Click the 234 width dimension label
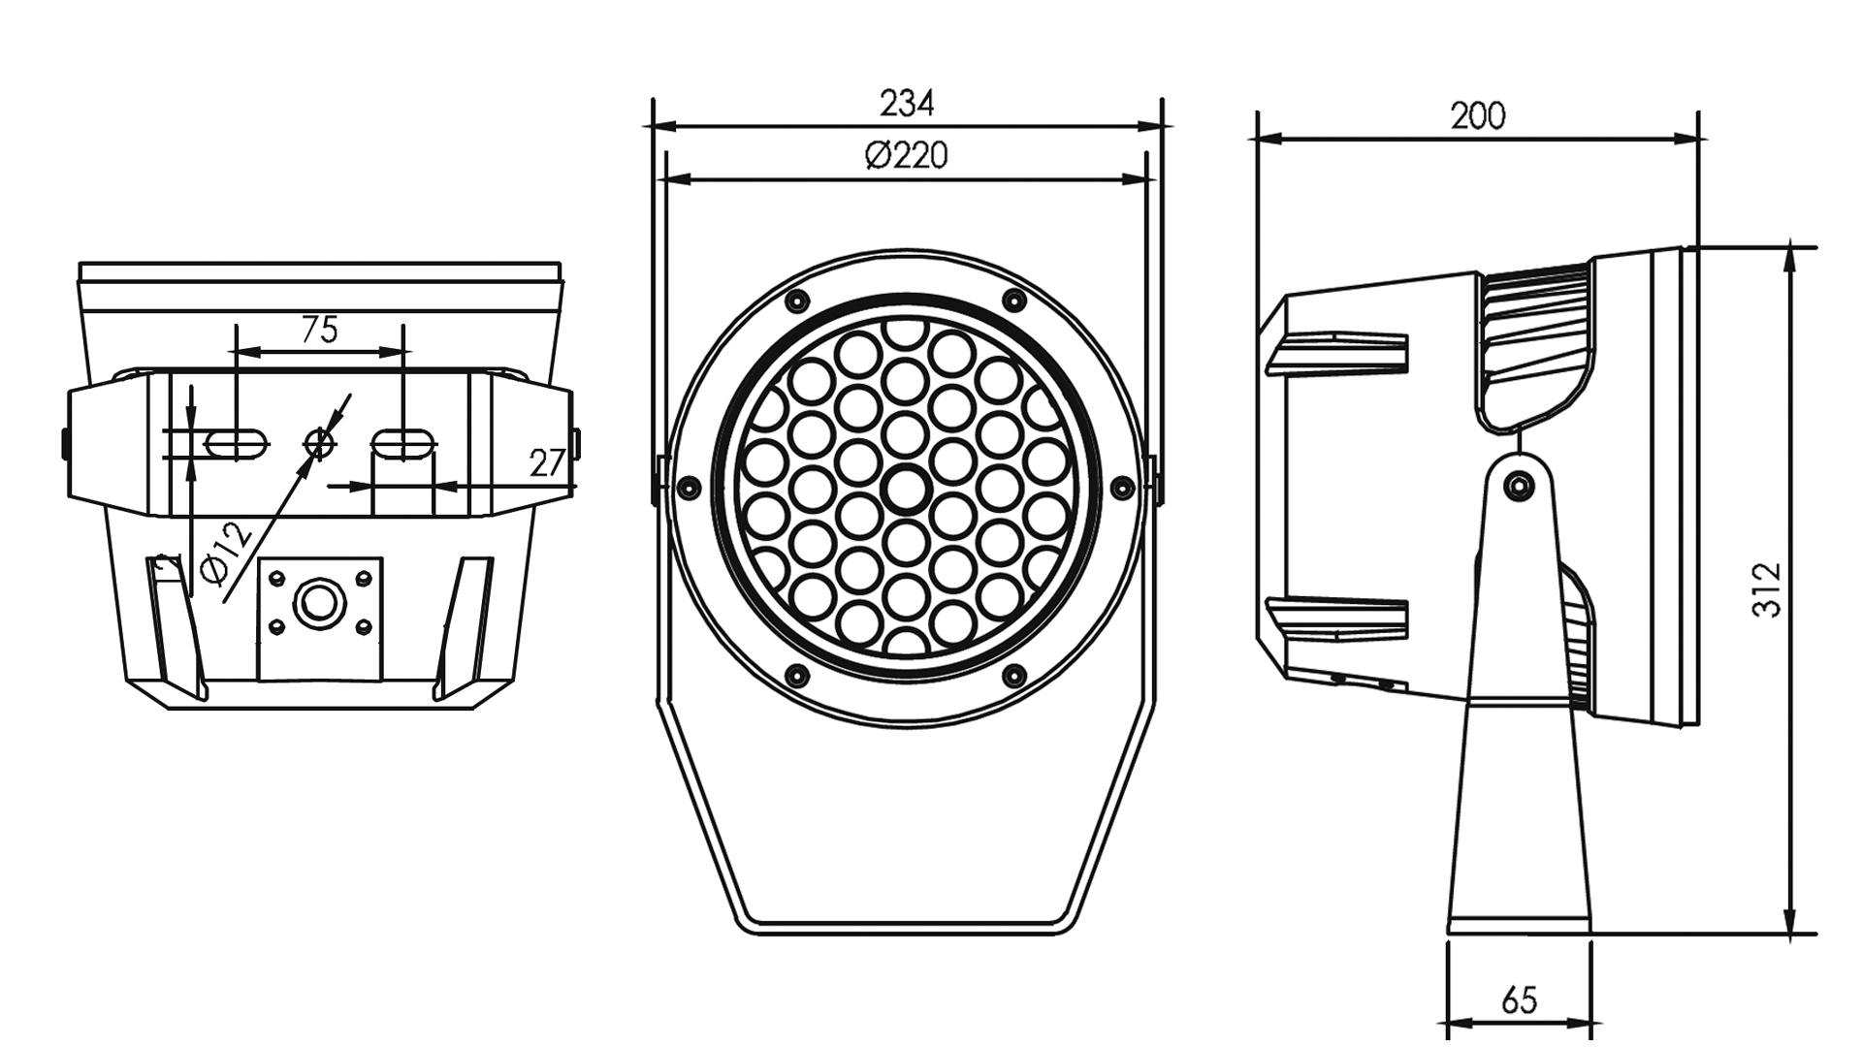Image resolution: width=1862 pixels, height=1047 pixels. point(906,103)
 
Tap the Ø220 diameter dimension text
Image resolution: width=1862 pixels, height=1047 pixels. point(906,155)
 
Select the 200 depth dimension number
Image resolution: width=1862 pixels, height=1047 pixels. point(1477,116)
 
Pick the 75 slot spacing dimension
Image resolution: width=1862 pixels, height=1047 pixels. point(319,331)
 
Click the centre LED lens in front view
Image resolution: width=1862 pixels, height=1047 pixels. point(906,486)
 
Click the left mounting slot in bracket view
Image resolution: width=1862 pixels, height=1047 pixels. point(236,444)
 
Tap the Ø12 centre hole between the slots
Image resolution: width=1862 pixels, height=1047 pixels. point(318,444)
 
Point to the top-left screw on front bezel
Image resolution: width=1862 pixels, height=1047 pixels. point(798,299)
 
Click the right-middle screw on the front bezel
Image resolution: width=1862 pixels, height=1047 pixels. point(1122,486)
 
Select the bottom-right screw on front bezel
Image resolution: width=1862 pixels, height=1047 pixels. point(1013,673)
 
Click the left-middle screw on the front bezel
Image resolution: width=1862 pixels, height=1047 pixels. point(690,486)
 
